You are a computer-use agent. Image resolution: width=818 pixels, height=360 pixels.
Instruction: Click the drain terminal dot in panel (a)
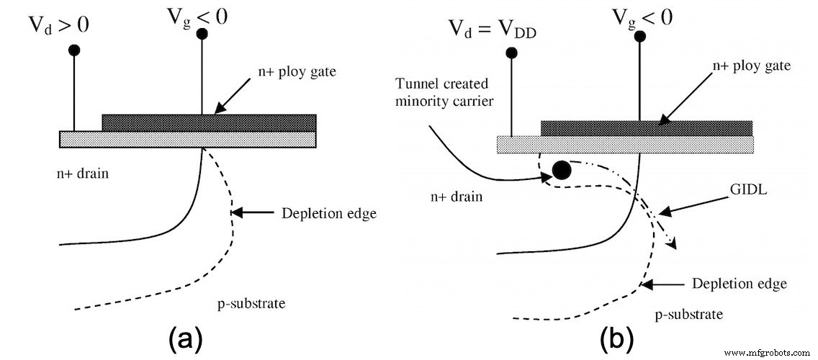[73, 50]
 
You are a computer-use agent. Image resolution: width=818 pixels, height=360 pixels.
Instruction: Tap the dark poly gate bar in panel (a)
[209, 122]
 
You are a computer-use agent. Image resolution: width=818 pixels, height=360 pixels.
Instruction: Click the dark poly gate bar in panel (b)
[646, 128]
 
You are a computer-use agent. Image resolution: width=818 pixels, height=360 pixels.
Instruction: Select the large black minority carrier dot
[561, 171]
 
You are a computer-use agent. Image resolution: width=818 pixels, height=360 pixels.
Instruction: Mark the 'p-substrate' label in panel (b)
[691, 315]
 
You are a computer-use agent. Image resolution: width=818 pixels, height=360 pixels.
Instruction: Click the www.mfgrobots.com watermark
[768, 353]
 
